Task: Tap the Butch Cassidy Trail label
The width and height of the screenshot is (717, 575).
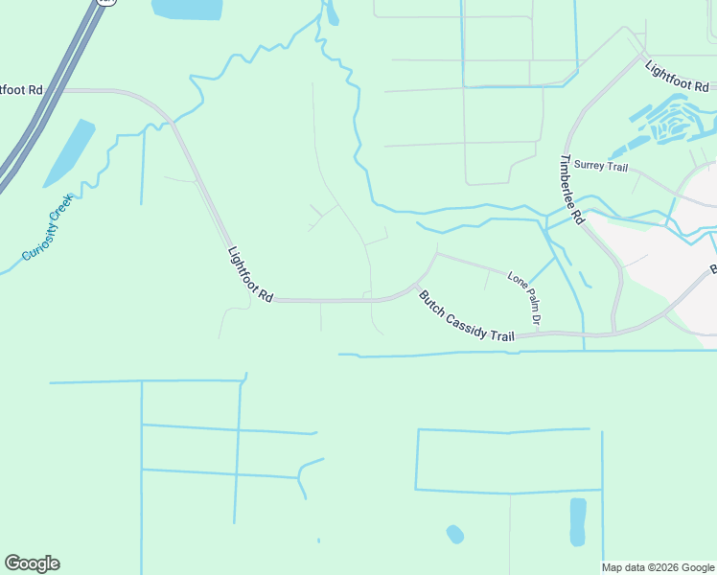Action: tap(466, 316)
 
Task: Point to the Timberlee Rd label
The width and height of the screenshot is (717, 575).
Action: tap(572, 189)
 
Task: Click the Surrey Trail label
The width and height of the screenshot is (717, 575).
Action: tap(600, 168)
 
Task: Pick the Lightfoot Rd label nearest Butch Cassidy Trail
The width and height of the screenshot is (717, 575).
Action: tap(250, 275)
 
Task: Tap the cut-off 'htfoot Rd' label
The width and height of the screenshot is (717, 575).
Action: tap(21, 90)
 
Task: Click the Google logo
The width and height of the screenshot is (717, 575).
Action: tap(32, 563)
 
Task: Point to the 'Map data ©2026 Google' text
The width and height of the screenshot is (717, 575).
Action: tap(658, 567)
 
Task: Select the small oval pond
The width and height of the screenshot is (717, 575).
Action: tap(455, 533)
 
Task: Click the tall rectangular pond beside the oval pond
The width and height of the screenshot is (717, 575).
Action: tap(577, 521)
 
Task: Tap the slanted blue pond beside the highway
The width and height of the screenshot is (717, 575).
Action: tap(69, 153)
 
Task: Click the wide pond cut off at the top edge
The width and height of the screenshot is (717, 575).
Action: tap(187, 10)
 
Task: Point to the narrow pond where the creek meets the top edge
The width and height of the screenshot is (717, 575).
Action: tap(332, 13)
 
